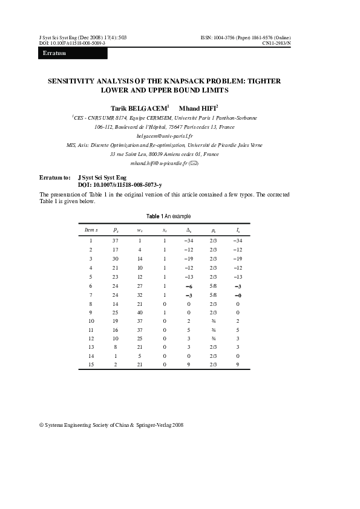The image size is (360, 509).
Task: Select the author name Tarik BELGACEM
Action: (x=143, y=107)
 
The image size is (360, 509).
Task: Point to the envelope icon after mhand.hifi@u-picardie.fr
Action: (x=194, y=164)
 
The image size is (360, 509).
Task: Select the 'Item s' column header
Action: (x=91, y=230)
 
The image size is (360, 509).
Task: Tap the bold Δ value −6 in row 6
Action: (x=189, y=285)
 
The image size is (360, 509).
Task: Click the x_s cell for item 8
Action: (x=164, y=303)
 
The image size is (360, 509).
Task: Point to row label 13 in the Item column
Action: (x=91, y=348)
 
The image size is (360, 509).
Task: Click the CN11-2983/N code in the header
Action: (x=276, y=44)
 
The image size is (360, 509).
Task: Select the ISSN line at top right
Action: (x=245, y=37)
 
